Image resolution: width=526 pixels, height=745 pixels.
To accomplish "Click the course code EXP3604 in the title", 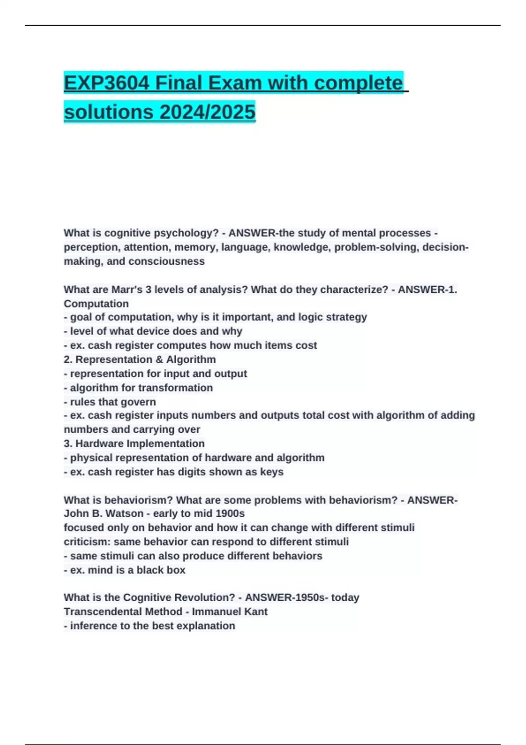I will coord(107,83).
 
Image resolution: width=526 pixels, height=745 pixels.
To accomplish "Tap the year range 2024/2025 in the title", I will coord(207,112).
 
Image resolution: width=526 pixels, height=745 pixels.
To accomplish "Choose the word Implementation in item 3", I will coord(165,443).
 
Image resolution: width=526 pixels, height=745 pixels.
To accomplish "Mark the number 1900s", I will coord(228,514).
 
